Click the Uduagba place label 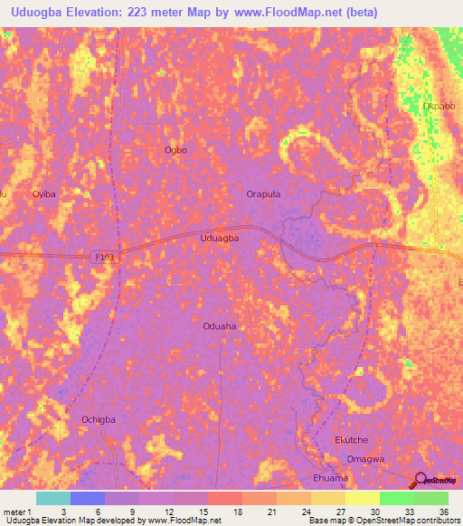pyautogui.click(x=219, y=238)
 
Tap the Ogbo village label pyautogui.click(x=175, y=150)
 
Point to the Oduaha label pyautogui.click(x=220, y=327)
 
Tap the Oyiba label pyautogui.click(x=44, y=194)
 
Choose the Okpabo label pyautogui.click(x=439, y=107)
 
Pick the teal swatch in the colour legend pyautogui.click(x=52, y=498)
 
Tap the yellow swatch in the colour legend pyautogui.click(x=361, y=498)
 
